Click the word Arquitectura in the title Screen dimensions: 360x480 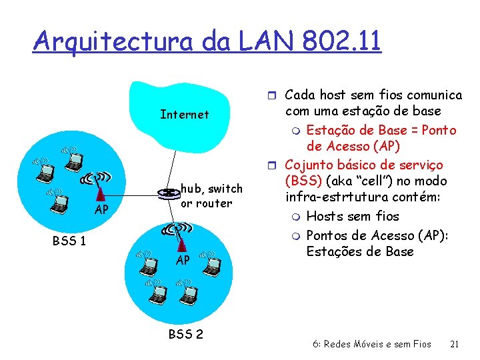113,41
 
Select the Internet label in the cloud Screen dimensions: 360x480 185,115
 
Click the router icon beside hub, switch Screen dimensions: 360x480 167,193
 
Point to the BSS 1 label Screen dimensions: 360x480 69,241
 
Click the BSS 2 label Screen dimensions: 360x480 185,334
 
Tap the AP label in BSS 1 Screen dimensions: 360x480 101,211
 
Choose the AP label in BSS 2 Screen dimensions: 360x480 183,260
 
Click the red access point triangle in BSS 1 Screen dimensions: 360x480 100,193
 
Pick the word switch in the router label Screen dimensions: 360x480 226,189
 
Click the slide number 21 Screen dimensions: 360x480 455,344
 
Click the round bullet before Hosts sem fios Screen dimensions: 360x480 297,216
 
